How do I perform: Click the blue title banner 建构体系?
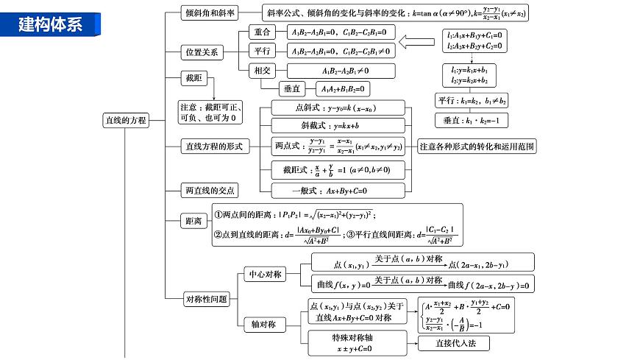point(50,24)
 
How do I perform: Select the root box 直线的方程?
point(124,120)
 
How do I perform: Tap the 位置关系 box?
point(201,52)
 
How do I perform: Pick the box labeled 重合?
point(262,32)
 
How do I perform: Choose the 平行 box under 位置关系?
point(262,52)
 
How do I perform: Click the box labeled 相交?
point(262,71)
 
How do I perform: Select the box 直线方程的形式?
point(213,146)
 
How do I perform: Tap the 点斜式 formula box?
point(338,107)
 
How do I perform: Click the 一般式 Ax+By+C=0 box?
point(338,191)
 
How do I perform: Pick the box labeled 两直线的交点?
point(210,191)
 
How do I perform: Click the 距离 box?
point(193,220)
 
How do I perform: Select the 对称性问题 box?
point(206,299)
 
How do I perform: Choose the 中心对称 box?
point(264,274)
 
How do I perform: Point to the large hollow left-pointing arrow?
point(415,51)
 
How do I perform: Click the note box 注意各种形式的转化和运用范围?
point(477,147)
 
